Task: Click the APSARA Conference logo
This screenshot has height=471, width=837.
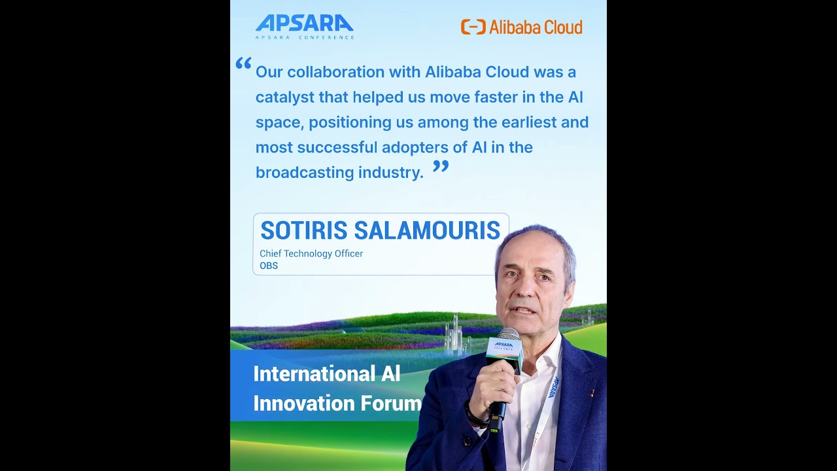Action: (x=304, y=26)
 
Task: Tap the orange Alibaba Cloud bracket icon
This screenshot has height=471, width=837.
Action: (x=473, y=27)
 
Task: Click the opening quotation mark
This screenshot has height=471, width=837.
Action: (x=243, y=63)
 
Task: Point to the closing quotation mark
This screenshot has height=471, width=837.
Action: (x=441, y=166)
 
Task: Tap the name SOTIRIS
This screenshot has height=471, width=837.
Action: (x=303, y=231)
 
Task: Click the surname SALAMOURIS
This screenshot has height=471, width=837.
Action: (x=427, y=231)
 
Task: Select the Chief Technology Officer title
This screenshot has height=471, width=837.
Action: (x=311, y=253)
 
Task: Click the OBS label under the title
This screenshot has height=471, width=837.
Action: (x=269, y=266)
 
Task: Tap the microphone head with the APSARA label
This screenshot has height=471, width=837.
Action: (x=505, y=347)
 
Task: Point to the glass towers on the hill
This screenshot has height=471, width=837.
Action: (x=456, y=334)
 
